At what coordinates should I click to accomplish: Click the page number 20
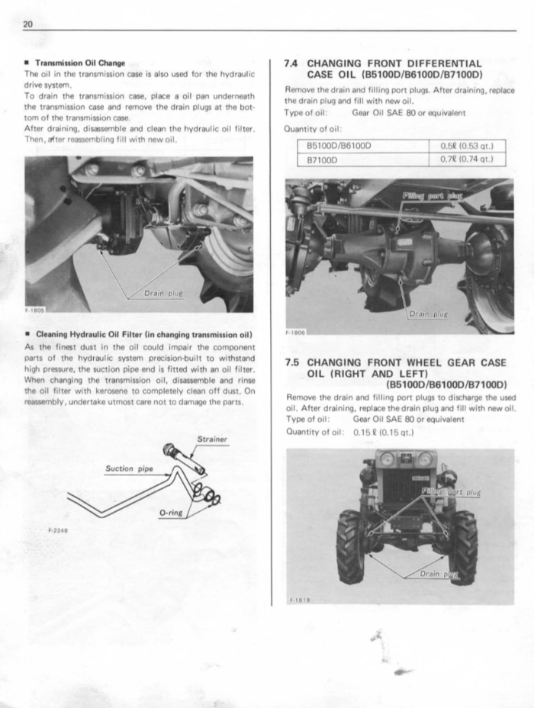[28, 24]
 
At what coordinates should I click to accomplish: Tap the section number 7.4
[291, 63]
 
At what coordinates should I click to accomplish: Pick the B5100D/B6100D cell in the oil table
[339, 146]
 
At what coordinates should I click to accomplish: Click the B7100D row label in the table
[322, 159]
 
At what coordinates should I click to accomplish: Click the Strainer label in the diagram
[213, 439]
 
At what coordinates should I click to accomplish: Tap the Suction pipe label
[129, 468]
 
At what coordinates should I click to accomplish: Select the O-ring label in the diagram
[171, 513]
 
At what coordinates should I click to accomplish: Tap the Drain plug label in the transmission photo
[163, 294]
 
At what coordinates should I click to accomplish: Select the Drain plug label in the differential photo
[429, 314]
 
